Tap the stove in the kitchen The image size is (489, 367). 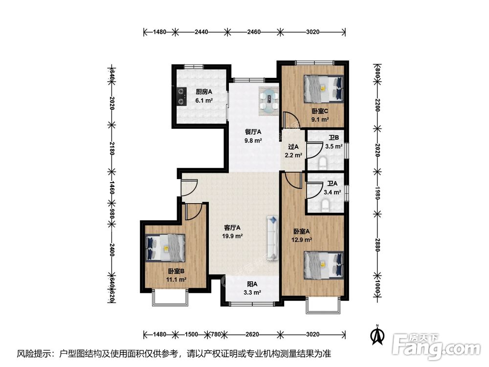(x=182, y=96)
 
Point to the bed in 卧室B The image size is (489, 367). (x=166, y=248)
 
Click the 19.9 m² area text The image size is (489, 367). (x=232, y=236)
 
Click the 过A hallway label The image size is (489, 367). (x=293, y=146)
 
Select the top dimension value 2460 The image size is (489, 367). (x=254, y=32)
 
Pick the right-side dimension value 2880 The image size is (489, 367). (x=378, y=245)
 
